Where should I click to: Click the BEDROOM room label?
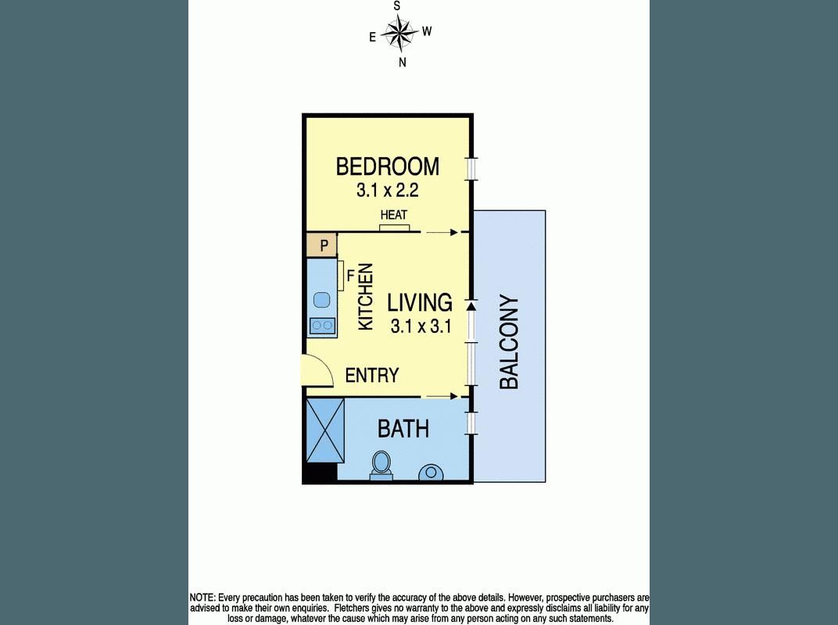click(387, 166)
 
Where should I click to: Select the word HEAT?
click(393, 215)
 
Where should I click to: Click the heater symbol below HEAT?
click(394, 228)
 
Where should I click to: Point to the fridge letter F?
click(350, 275)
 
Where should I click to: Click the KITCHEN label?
click(365, 296)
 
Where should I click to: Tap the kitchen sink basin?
click(321, 298)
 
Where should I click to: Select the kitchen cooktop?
click(321, 325)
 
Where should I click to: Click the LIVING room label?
click(421, 302)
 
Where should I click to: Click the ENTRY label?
click(372, 376)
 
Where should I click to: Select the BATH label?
click(403, 428)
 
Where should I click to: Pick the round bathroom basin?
click(431, 473)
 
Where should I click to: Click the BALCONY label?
click(509, 342)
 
